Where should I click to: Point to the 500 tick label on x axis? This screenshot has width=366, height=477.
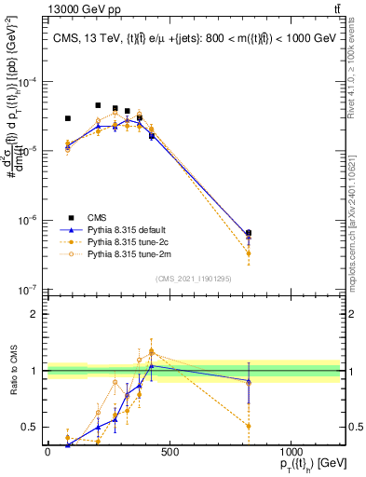[169, 452]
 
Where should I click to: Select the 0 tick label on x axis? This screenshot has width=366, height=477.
[47, 452]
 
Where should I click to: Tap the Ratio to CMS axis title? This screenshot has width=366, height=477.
[13, 371]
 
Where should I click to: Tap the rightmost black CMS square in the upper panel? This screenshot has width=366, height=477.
[249, 233]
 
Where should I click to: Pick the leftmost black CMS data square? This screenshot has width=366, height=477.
[68, 118]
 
